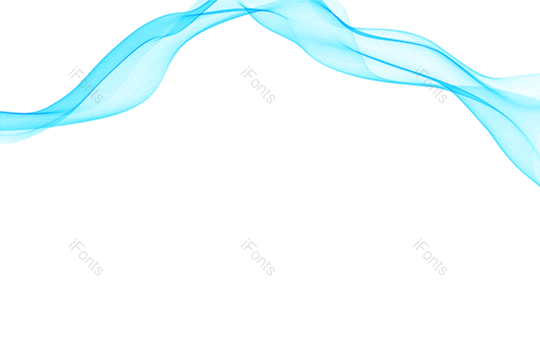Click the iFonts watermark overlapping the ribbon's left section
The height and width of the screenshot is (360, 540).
(86, 85)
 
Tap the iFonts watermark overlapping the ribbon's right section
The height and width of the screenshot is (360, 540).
(430, 85)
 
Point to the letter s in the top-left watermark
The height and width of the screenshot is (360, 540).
(98, 98)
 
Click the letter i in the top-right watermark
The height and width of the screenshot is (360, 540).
(416, 71)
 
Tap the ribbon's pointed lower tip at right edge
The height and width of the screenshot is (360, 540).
(537, 184)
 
